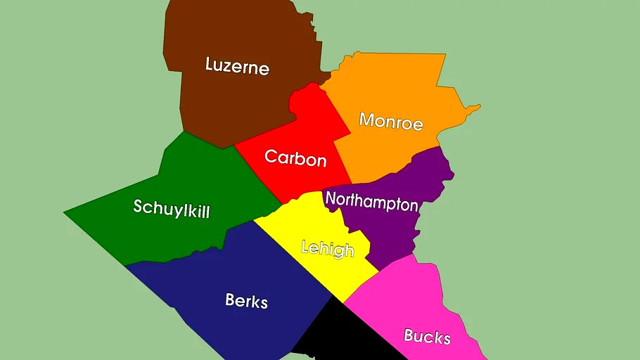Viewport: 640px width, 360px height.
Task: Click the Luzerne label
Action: [x=237, y=67]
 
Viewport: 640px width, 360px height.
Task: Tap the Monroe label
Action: [x=391, y=121]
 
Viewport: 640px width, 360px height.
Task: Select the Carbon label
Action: [x=295, y=157]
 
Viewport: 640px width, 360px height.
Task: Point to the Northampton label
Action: [x=371, y=202]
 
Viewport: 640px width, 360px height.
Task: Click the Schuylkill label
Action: [x=172, y=208]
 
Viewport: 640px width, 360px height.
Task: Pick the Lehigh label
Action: [x=327, y=248]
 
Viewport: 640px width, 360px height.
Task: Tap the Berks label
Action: [x=246, y=301]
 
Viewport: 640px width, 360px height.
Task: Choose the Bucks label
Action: [x=427, y=336]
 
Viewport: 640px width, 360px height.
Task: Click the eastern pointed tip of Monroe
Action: [x=479, y=107]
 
